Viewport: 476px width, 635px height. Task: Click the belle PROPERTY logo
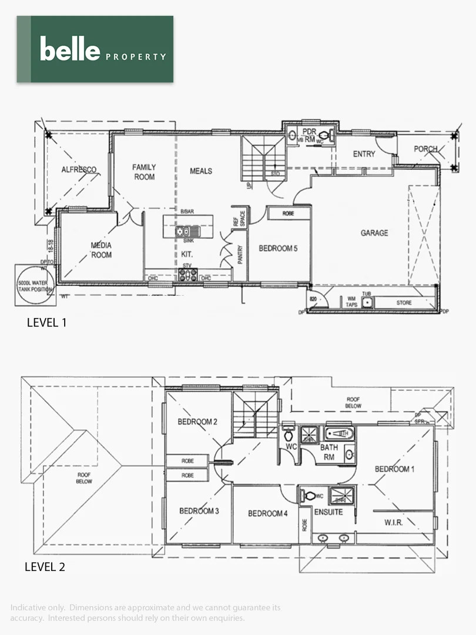click(95, 49)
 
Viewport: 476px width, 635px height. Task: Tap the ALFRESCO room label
click(79, 170)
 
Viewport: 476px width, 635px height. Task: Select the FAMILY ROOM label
click(144, 172)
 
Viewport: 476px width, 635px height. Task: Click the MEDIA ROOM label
click(101, 250)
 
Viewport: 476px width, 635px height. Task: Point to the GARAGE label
click(374, 233)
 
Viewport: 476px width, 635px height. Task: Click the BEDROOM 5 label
click(279, 248)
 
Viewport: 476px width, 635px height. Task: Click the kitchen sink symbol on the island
click(188, 232)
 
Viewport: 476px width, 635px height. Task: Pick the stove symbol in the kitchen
click(188, 275)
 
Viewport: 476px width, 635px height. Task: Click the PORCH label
click(425, 149)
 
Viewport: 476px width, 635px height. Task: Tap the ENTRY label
click(364, 154)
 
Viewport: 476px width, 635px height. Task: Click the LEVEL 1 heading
click(49, 322)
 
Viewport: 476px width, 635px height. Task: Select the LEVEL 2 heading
click(45, 567)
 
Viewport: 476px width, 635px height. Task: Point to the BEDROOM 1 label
click(394, 469)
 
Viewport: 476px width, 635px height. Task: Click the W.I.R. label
click(393, 522)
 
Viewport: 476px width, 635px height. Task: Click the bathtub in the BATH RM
click(340, 434)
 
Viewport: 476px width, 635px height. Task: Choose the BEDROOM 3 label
click(199, 511)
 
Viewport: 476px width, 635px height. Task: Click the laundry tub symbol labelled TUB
click(367, 302)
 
